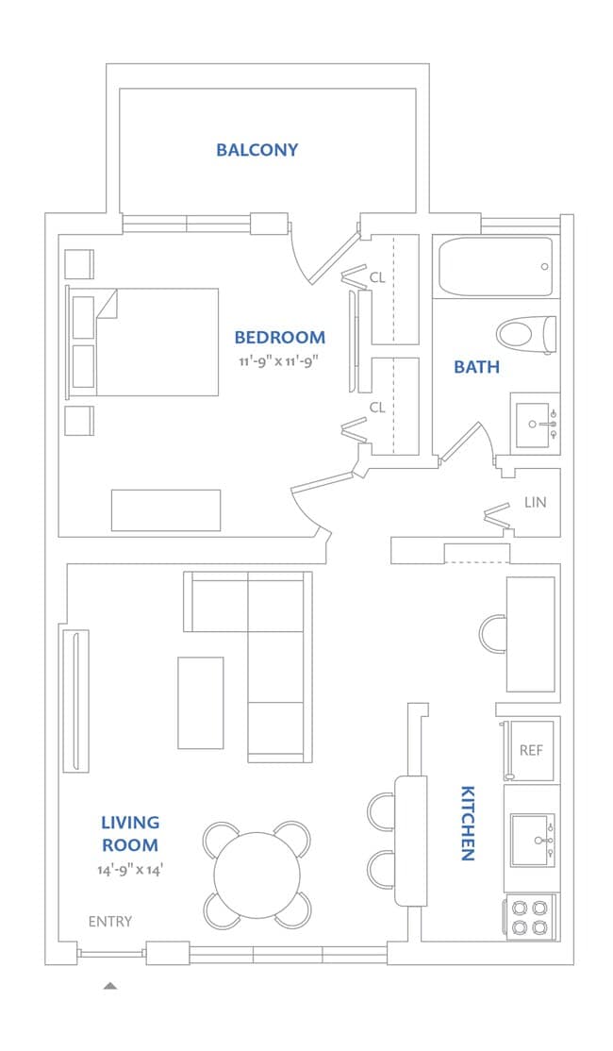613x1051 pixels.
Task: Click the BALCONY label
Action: (x=257, y=149)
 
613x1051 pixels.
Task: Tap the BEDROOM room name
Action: (x=279, y=337)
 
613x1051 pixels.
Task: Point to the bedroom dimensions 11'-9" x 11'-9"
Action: (x=278, y=360)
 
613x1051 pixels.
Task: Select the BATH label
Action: (x=476, y=367)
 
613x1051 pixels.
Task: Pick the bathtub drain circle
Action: (x=545, y=267)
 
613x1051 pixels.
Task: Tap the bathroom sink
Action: (x=536, y=424)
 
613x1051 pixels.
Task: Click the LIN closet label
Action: (x=536, y=501)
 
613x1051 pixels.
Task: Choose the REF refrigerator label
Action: (x=531, y=750)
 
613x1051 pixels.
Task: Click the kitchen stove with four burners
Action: (x=530, y=918)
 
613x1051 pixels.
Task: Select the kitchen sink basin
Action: (x=533, y=840)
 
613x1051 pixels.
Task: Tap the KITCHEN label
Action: (x=468, y=823)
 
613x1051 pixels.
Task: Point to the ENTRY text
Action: (x=110, y=922)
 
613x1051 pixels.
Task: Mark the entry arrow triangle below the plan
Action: (x=110, y=985)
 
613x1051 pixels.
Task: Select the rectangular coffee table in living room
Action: (x=200, y=703)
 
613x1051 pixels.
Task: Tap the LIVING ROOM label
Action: (x=130, y=833)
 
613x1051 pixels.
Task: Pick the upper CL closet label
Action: (x=377, y=276)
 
